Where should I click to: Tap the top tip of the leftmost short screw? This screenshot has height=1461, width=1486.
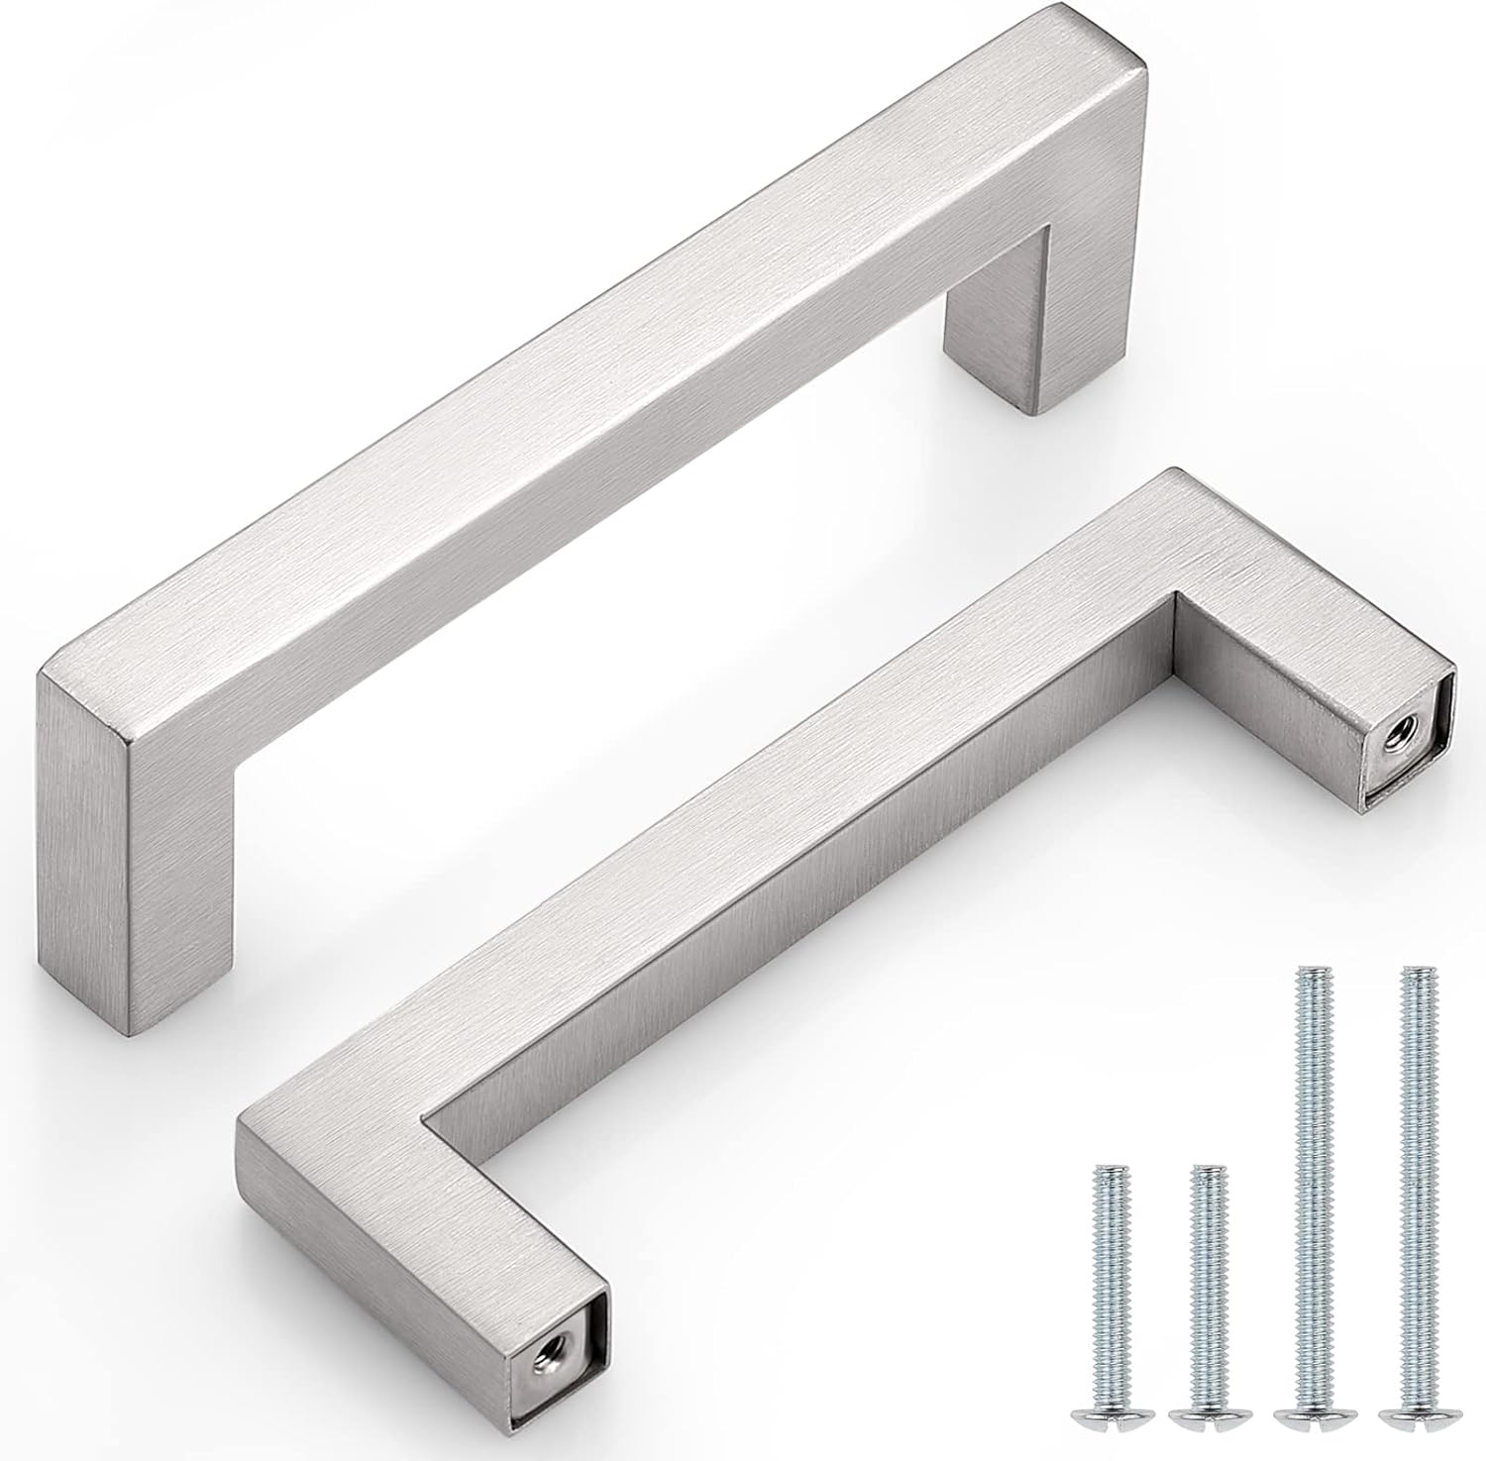1108,1169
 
